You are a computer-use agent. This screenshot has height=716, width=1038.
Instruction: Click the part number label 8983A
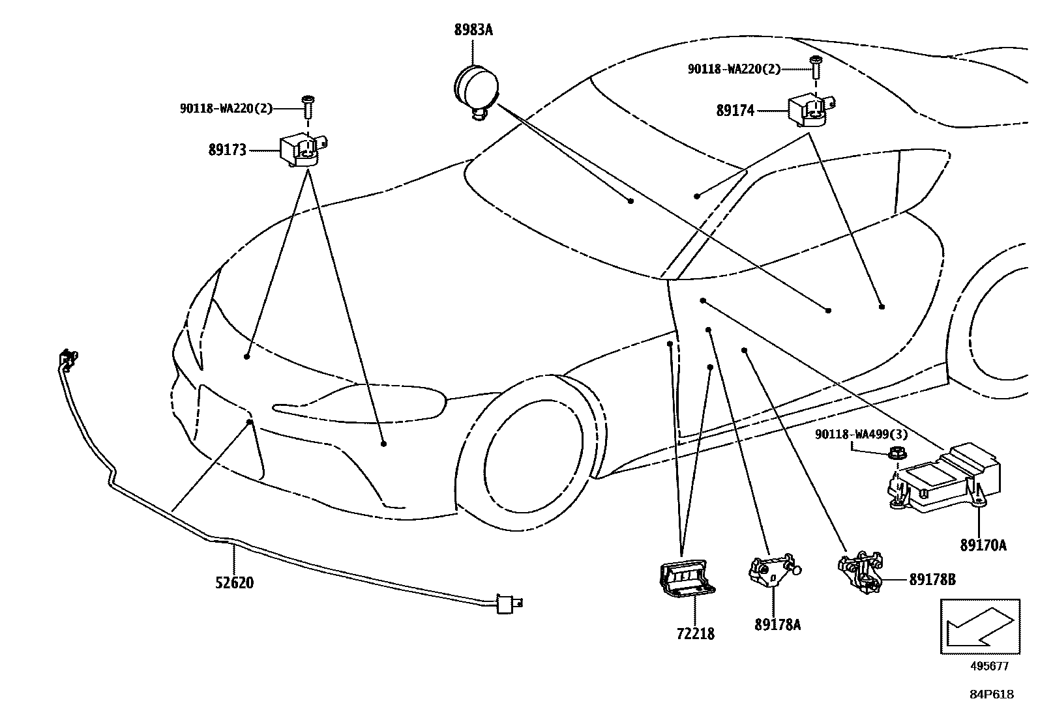pyautogui.click(x=473, y=30)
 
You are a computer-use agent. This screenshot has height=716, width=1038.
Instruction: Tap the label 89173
pyautogui.click(x=228, y=150)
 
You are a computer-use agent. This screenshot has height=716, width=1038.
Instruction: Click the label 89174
pyautogui.click(x=735, y=111)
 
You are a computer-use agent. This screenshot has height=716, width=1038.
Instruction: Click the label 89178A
pyautogui.click(x=777, y=624)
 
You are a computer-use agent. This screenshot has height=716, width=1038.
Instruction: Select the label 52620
pyautogui.click(x=234, y=582)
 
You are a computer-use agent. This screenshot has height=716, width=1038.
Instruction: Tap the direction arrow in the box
pyautogui.click(x=979, y=625)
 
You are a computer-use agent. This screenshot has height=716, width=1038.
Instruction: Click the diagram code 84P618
pyautogui.click(x=991, y=695)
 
